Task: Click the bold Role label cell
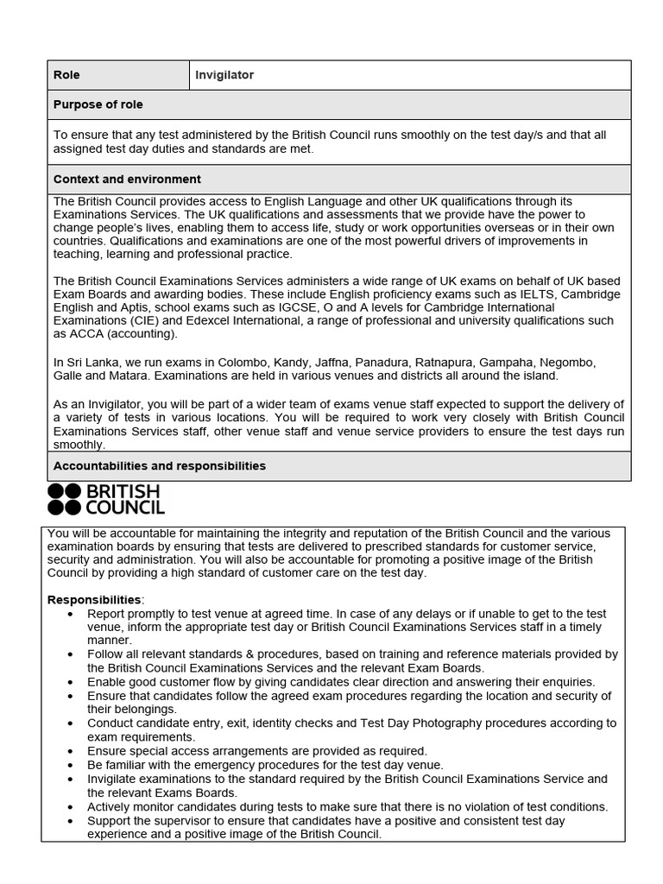pyautogui.click(x=66, y=75)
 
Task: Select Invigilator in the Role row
pyautogui.click(x=224, y=75)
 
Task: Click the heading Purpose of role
pyautogui.click(x=98, y=104)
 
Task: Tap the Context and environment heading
pyautogui.click(x=127, y=180)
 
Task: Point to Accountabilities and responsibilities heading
pyautogui.click(x=159, y=466)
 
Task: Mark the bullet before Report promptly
pyautogui.click(x=71, y=614)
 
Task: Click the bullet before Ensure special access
pyautogui.click(x=71, y=752)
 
